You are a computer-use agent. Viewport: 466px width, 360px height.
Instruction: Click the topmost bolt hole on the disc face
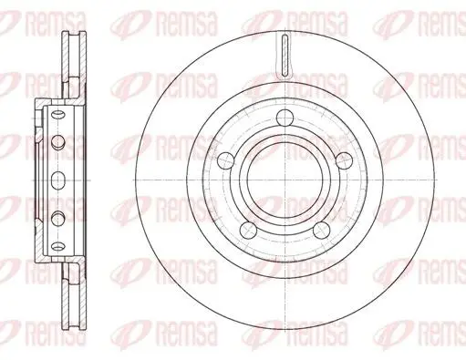click(x=285, y=118)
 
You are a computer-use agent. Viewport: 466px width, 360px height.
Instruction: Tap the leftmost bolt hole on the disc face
click(x=226, y=160)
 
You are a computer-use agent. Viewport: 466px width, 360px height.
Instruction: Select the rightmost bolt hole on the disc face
click(x=344, y=160)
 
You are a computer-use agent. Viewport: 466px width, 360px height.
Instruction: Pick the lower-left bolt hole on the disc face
click(x=248, y=230)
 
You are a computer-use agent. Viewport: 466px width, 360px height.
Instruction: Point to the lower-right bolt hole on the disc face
click(x=321, y=230)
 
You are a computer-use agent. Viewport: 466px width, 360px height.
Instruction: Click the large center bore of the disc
click(x=285, y=180)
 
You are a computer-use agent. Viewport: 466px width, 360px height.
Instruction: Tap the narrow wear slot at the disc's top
click(x=285, y=56)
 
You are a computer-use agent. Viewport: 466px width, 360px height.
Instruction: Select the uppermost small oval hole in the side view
click(x=57, y=115)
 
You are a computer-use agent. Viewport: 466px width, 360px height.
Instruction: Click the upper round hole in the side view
click(x=57, y=142)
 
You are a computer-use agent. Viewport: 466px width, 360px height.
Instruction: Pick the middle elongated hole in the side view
click(x=57, y=180)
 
